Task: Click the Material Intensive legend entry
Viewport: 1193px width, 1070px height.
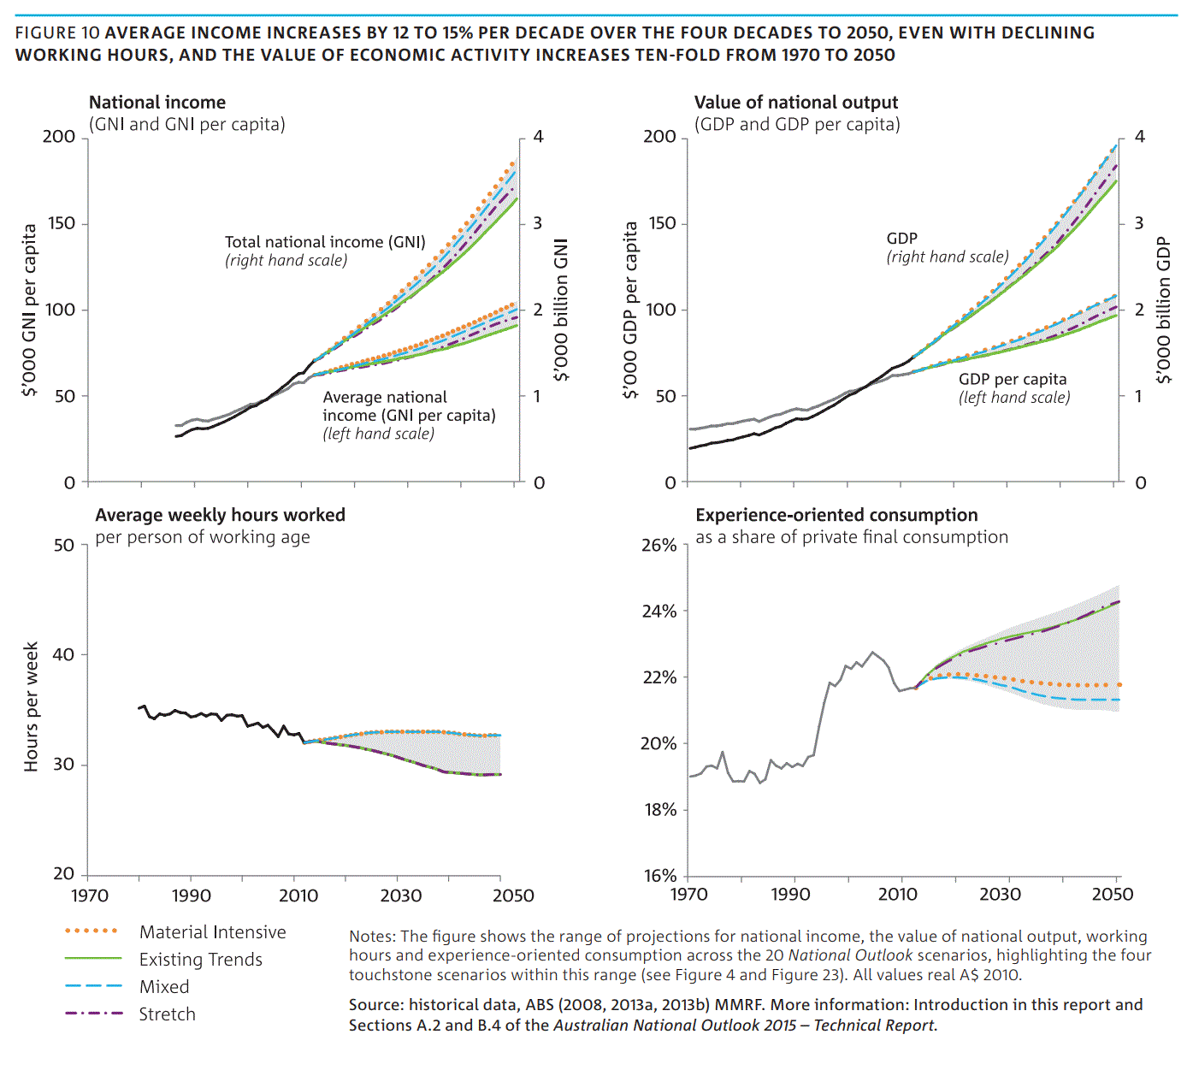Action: click(212, 932)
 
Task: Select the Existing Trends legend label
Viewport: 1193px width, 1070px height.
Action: click(200, 960)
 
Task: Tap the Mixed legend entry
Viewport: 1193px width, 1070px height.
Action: click(164, 987)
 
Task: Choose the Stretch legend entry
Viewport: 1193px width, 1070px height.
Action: click(167, 1014)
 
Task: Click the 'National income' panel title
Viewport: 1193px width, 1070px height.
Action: click(157, 103)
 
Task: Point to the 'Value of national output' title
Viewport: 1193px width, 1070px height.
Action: click(795, 103)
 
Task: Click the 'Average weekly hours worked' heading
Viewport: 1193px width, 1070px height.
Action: click(220, 515)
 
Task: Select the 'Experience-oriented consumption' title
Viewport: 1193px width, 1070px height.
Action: click(836, 515)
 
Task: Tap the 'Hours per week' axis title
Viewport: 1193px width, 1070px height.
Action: click(32, 706)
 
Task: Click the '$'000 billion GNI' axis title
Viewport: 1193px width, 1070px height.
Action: click(561, 310)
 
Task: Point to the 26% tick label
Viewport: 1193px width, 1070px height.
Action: click(659, 546)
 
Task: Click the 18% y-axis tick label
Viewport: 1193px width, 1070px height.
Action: click(660, 810)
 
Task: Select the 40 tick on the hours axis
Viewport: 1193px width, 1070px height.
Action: click(64, 655)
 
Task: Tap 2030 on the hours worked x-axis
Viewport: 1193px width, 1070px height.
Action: click(400, 896)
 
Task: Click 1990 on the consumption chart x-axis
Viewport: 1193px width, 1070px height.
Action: click(790, 895)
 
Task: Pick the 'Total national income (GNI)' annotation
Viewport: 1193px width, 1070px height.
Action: click(325, 242)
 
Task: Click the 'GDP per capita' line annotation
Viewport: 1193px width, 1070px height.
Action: click(1013, 379)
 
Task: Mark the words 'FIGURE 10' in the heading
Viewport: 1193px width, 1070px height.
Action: click(57, 33)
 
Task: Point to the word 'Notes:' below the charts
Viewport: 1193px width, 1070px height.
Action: click(372, 937)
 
